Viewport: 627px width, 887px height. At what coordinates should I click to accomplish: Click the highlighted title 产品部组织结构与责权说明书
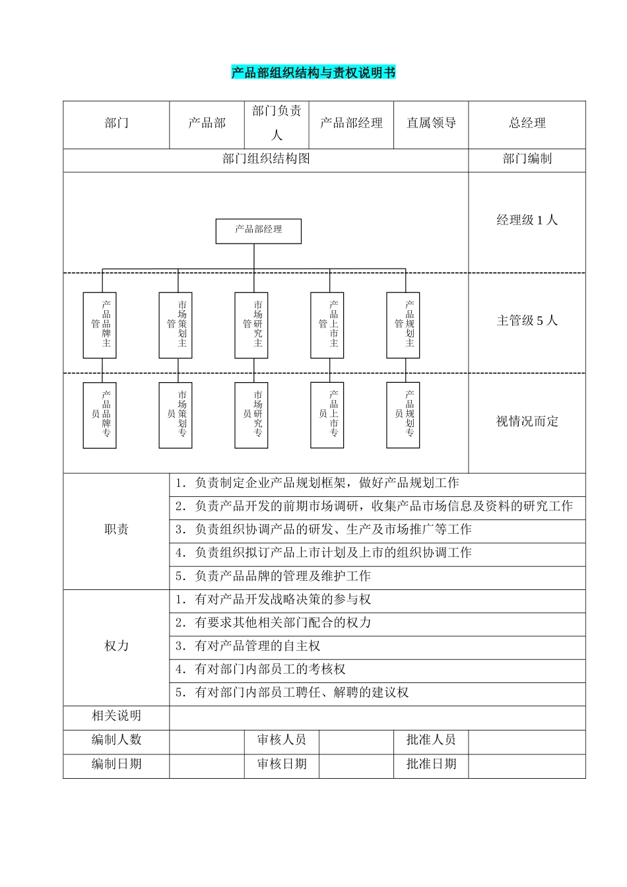click(313, 73)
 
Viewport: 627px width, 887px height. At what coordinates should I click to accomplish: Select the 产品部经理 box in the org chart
click(259, 230)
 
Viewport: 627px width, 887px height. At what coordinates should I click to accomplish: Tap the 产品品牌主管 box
click(100, 325)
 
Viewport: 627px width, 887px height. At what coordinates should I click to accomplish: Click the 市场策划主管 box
click(176, 325)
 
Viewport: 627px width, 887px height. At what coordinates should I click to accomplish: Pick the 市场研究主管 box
click(251, 325)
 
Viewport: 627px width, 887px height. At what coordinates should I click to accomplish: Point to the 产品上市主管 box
click(327, 325)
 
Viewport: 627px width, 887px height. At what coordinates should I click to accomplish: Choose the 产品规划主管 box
click(403, 325)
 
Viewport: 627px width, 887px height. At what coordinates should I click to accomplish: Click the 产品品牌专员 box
click(100, 415)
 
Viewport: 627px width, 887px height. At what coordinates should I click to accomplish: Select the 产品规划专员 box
click(403, 415)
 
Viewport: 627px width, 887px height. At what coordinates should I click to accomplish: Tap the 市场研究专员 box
click(251, 415)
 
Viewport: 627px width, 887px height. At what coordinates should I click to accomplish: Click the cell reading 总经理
click(527, 123)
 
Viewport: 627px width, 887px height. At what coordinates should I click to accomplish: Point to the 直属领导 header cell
click(431, 123)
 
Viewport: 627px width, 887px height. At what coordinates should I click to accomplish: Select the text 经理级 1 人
click(527, 220)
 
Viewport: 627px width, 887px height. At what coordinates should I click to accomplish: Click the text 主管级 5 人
click(527, 321)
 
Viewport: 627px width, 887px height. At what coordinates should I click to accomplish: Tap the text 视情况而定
click(527, 422)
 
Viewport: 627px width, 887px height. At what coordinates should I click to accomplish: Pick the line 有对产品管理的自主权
click(257, 646)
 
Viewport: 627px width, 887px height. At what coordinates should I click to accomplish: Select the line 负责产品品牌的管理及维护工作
click(282, 576)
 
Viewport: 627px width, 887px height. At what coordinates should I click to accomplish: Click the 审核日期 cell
click(282, 764)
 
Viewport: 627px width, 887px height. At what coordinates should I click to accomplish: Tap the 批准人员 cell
click(431, 740)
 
